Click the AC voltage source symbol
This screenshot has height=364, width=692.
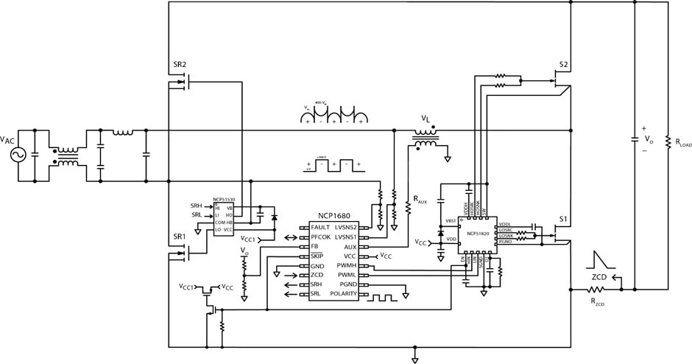pyautogui.click(x=14, y=155)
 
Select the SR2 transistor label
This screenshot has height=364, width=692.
pyautogui.click(x=180, y=65)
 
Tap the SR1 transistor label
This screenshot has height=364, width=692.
pyautogui.click(x=180, y=237)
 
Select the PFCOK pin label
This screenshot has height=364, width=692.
pyautogui.click(x=324, y=237)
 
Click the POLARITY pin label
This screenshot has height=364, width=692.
pyautogui.click(x=342, y=294)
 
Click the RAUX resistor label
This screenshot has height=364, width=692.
pyautogui.click(x=420, y=200)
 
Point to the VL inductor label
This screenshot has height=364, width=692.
pyautogui.click(x=426, y=119)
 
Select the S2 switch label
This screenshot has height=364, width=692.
pyautogui.click(x=563, y=65)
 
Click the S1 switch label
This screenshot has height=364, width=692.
pyautogui.click(x=563, y=219)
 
